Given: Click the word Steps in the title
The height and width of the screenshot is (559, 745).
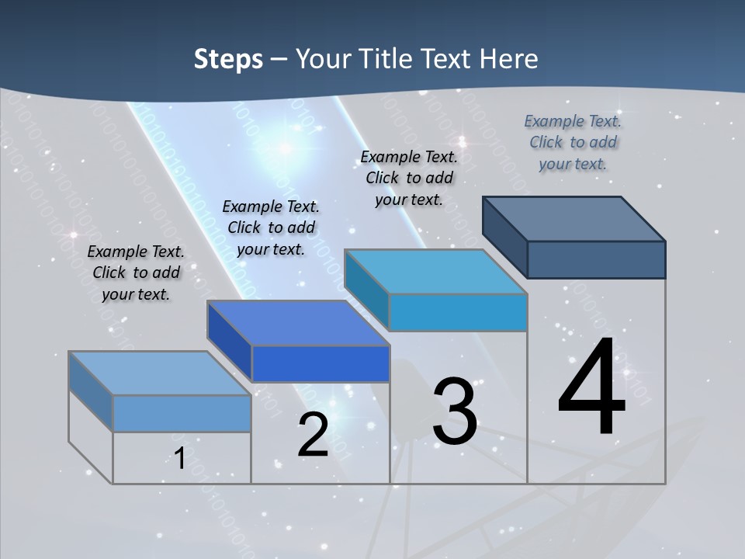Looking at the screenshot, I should [228, 59].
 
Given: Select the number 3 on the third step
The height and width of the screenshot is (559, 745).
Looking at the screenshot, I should [455, 411].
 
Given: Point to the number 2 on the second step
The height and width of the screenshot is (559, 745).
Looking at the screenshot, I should [313, 435].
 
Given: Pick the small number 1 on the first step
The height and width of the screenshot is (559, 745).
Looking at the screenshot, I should [179, 458].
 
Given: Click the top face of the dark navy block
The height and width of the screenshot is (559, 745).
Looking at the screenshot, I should [574, 218].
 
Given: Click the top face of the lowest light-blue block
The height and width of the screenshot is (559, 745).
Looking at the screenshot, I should [160, 373].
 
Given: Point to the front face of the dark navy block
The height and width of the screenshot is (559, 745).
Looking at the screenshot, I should [596, 259].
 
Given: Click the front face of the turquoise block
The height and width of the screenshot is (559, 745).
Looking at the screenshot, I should [458, 312].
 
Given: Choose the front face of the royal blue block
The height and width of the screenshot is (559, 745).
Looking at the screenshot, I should [321, 363].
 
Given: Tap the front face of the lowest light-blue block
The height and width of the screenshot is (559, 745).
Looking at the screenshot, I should [182, 413].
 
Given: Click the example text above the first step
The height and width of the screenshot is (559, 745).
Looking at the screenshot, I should [136, 273].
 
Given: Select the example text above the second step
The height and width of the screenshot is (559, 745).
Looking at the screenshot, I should [271, 227].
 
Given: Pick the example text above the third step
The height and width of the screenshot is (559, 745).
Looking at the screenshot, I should [409, 178].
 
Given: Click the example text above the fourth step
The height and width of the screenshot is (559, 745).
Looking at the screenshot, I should [573, 142].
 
